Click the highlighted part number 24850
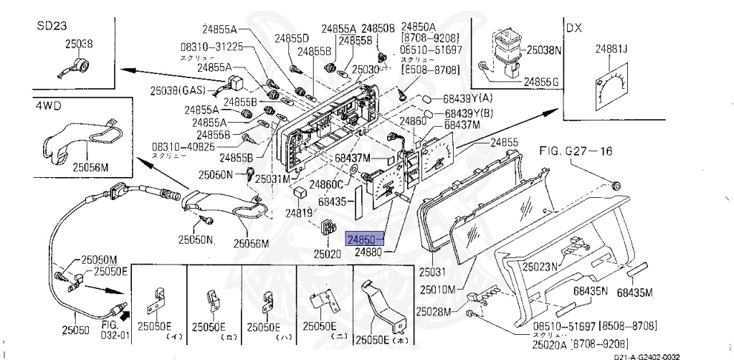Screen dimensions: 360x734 point(365,239)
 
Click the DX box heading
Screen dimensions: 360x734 point(573,29)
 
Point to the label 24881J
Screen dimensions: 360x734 point(611,49)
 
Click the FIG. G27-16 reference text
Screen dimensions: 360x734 point(576,151)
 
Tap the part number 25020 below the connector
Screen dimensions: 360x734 point(328,253)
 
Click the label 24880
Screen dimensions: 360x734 point(368,252)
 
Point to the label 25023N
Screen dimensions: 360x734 point(540,266)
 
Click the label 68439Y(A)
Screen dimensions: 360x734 point(469,98)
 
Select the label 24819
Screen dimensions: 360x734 point(299,213)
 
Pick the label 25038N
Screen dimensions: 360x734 point(544,51)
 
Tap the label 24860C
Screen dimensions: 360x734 point(326,185)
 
